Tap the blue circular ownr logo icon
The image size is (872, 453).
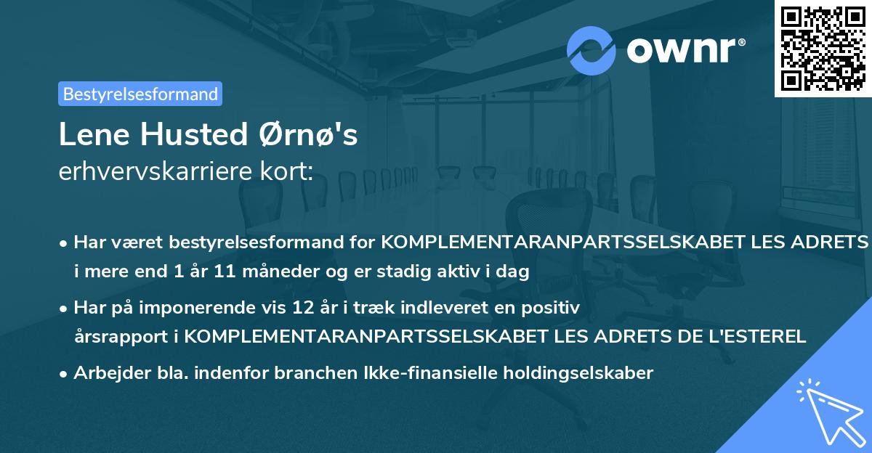click(591, 51)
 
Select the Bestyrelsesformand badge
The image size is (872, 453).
click(140, 94)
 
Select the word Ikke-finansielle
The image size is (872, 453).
click(420, 373)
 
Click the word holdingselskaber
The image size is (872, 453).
click(570, 373)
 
